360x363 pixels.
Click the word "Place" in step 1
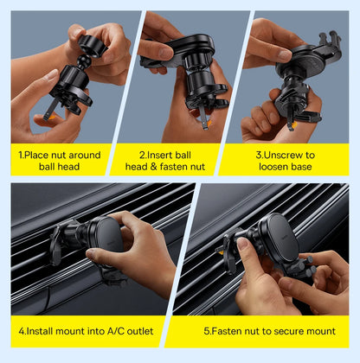pyautogui.click(x=36, y=156)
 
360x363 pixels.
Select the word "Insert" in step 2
pyautogui.click(x=157, y=156)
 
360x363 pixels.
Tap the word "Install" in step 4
pyautogui.click(x=40, y=331)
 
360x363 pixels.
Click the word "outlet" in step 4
pyautogui.click(x=140, y=331)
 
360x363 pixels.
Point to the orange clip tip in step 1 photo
pyautogui.click(x=51, y=118)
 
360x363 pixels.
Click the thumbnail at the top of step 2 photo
pyautogui.click(x=166, y=53)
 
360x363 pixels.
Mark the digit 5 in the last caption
pyautogui.click(x=207, y=331)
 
